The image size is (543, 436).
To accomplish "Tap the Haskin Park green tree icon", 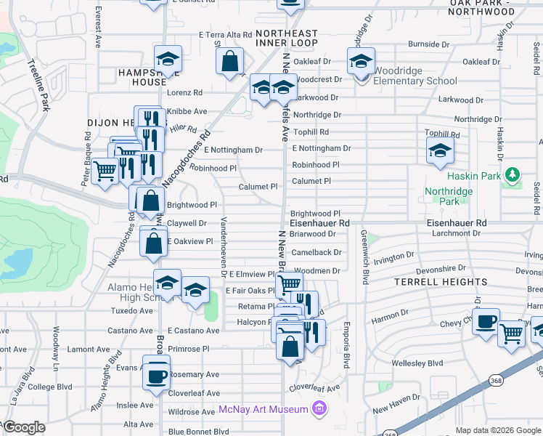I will coord(513,175).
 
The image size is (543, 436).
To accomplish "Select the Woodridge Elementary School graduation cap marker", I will coord(360,62).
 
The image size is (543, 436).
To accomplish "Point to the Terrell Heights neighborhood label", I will coord(441,282).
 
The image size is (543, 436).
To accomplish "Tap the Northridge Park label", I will coord(448,196).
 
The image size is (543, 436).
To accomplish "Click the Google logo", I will coord(24,427).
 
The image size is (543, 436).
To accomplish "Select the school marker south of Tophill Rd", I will coord(438,151).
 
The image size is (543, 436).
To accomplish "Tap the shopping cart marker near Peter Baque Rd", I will coord(105,171).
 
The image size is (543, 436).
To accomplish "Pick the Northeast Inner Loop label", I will coord(287,39).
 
